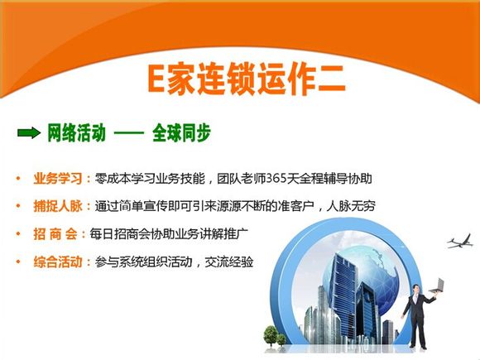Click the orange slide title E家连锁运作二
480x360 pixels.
click(x=247, y=79)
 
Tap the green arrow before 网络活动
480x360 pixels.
click(x=29, y=133)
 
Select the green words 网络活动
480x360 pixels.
click(x=76, y=133)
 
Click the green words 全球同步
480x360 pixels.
click(x=181, y=133)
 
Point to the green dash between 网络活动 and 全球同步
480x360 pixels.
click(x=129, y=133)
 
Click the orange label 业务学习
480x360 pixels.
click(x=58, y=179)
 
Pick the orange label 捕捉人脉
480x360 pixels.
click(x=58, y=206)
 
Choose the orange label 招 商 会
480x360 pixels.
click(x=55, y=234)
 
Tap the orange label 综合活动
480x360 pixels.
click(x=58, y=262)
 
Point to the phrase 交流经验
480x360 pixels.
click(x=229, y=262)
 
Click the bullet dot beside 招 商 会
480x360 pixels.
click(x=18, y=234)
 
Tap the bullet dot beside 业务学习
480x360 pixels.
click(x=18, y=178)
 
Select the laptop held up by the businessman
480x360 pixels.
click(x=437, y=286)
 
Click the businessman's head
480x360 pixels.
click(x=415, y=289)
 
